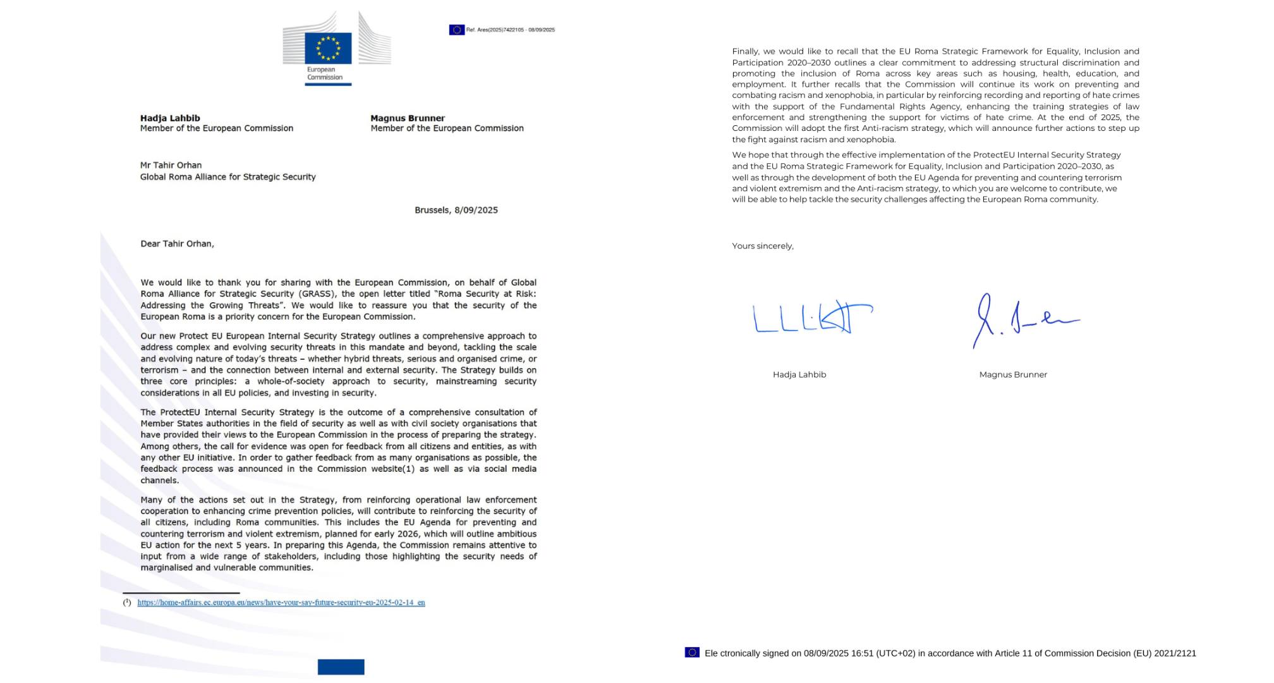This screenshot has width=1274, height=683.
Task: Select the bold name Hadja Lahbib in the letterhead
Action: (170, 118)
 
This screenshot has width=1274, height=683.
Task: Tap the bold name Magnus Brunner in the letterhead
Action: (408, 118)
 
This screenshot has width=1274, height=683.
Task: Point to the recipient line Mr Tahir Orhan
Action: (171, 165)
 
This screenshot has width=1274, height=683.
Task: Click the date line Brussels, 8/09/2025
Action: (456, 210)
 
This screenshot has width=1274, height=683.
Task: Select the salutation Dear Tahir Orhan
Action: (177, 243)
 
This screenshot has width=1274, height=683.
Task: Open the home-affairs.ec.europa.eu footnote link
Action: (281, 603)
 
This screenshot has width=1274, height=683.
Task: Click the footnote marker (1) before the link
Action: (127, 603)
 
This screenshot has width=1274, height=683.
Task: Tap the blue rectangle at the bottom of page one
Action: (341, 667)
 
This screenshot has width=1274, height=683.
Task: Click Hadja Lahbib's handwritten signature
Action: (812, 317)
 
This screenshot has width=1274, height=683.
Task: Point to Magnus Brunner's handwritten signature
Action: (1024, 320)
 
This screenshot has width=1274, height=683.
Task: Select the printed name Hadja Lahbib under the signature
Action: (799, 374)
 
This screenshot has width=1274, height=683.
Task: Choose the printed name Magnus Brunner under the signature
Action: (1013, 374)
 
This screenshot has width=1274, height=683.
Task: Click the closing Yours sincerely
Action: (763, 246)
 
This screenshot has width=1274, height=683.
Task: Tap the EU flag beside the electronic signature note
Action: (692, 652)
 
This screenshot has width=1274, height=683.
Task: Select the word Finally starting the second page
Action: (746, 52)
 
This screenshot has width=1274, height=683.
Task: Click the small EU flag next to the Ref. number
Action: (456, 30)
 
